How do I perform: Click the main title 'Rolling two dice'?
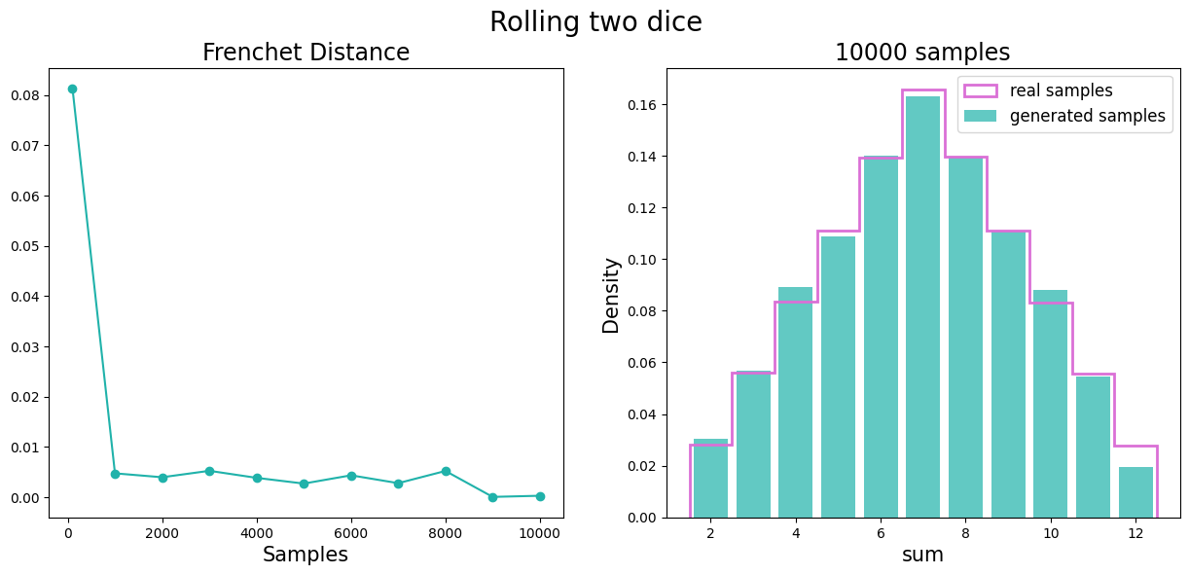(595, 22)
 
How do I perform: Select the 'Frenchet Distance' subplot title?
(306, 53)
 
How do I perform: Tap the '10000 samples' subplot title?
(921, 53)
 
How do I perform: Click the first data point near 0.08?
(72, 89)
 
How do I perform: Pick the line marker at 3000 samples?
(209, 471)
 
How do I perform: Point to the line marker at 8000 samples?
(446, 471)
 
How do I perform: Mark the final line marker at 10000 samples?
(540, 496)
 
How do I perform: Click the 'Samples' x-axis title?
(306, 555)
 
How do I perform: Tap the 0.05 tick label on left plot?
(26, 246)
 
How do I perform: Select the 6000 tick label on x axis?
(351, 533)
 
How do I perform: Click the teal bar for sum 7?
(923, 306)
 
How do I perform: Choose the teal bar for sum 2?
(710, 478)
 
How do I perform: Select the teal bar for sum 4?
(795, 402)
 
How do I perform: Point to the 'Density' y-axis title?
(611, 295)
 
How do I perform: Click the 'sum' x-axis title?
(923, 555)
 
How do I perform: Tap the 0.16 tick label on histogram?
(641, 105)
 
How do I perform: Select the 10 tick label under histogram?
(1051, 533)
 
